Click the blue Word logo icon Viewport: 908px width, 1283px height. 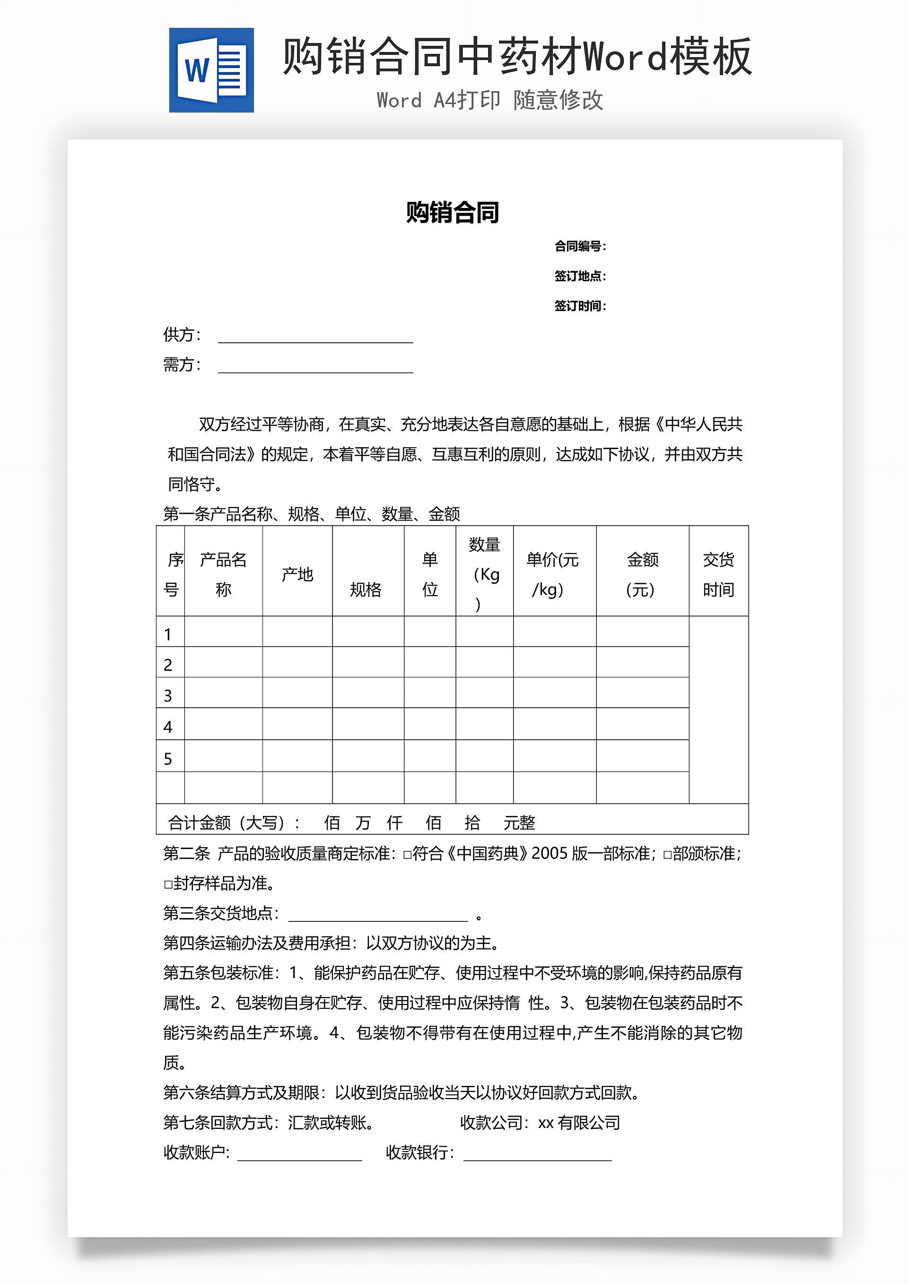[x=211, y=70]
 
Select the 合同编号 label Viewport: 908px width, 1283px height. [x=579, y=246]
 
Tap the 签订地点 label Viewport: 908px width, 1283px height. [x=579, y=276]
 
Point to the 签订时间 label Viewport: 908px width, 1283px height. [x=579, y=306]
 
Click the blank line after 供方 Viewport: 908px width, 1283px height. [x=315, y=337]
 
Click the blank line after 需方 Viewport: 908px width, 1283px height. [x=315, y=367]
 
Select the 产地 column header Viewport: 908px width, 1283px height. [x=297, y=574]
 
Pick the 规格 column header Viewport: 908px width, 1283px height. [x=366, y=589]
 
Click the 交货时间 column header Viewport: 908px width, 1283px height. [x=718, y=574]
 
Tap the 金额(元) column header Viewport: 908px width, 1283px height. [x=642, y=574]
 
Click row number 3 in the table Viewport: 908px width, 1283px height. [x=168, y=696]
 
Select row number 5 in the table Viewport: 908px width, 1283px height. [x=168, y=759]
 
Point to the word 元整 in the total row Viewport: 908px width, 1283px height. [x=519, y=823]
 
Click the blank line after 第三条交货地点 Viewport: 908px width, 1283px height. [x=378, y=915]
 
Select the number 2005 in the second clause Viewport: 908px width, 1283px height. [x=549, y=854]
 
